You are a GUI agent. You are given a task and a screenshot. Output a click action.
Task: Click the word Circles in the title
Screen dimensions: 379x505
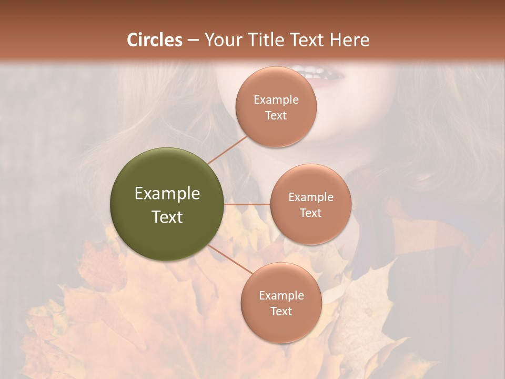click(x=155, y=40)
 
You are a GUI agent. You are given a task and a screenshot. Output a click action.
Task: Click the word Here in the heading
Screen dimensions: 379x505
click(x=350, y=40)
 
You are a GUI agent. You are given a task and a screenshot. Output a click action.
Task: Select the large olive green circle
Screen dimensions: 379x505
click(x=167, y=204)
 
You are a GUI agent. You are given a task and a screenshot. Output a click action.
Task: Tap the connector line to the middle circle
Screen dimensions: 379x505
click(x=247, y=204)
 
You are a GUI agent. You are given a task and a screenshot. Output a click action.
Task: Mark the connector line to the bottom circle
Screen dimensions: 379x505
click(x=229, y=259)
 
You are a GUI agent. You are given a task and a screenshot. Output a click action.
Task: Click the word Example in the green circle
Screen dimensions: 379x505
click(x=167, y=194)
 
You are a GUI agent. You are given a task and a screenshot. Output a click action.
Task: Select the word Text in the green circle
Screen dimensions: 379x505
click(x=167, y=217)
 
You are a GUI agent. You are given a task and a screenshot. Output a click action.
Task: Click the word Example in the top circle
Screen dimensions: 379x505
click(x=276, y=100)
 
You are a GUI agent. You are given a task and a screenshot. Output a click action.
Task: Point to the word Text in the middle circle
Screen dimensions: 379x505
click(x=311, y=213)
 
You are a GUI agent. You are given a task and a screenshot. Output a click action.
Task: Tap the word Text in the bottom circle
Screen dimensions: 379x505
click(x=281, y=311)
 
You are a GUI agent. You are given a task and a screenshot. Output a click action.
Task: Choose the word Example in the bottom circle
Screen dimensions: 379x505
click(x=281, y=295)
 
